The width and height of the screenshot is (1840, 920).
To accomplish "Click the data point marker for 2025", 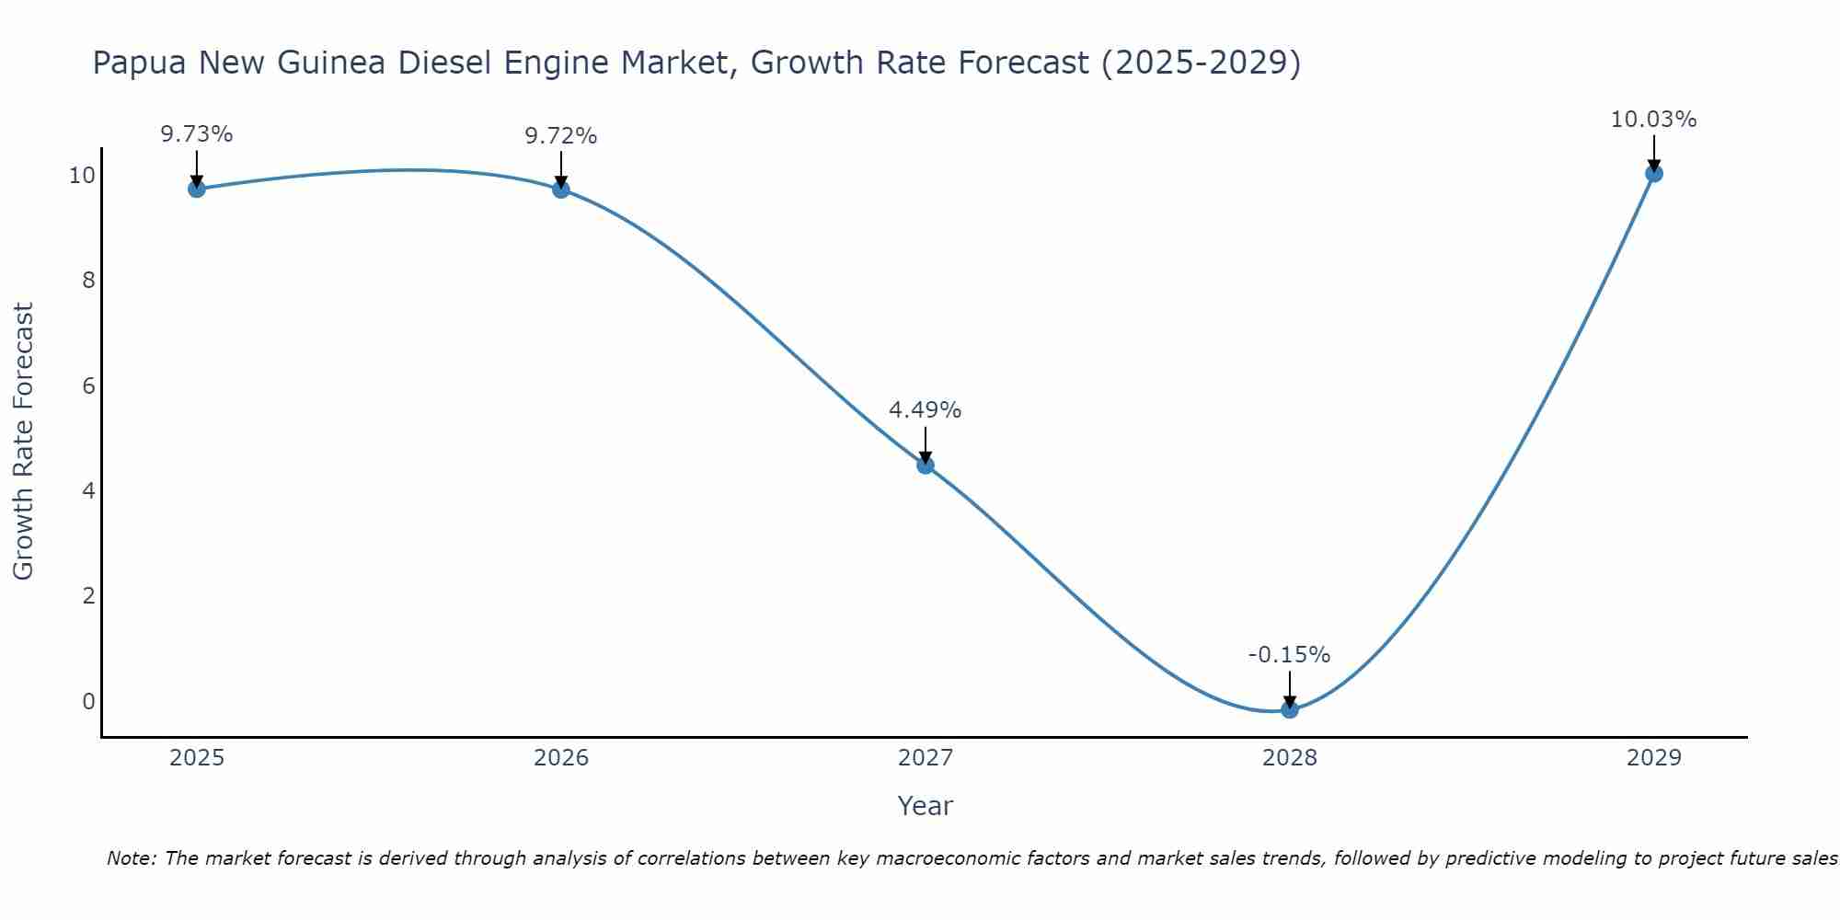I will pyautogui.click(x=197, y=189).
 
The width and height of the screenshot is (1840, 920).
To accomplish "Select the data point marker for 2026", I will pyautogui.click(x=561, y=190).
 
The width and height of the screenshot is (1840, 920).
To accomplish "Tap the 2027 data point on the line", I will pyautogui.click(x=926, y=465).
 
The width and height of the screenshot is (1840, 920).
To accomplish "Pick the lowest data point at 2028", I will pyautogui.click(x=1290, y=709).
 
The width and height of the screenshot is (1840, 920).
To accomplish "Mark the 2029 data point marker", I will pyautogui.click(x=1654, y=173).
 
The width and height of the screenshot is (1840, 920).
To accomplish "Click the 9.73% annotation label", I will pyautogui.click(x=197, y=134).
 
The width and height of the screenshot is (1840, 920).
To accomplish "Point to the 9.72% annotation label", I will pyautogui.click(x=561, y=136).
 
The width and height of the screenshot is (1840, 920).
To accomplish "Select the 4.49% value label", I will pyautogui.click(x=926, y=410).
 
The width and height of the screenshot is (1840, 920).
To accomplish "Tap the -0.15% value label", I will pyautogui.click(x=1289, y=655).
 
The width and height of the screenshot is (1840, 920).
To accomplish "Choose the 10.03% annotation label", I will pyautogui.click(x=1653, y=120).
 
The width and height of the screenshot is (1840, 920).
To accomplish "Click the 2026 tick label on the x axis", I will pyautogui.click(x=561, y=758).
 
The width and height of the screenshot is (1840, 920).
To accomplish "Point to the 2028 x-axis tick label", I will pyautogui.click(x=1290, y=758).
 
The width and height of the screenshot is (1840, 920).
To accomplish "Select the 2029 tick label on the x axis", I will pyautogui.click(x=1654, y=758).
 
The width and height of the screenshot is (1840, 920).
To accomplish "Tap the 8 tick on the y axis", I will pyautogui.click(x=88, y=281).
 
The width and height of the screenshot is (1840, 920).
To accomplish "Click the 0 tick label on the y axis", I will pyautogui.click(x=88, y=701).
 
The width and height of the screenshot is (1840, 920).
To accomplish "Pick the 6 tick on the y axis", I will pyautogui.click(x=88, y=385).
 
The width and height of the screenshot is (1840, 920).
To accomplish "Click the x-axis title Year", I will pyautogui.click(x=926, y=806).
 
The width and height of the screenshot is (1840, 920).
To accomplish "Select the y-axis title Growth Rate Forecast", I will pyautogui.click(x=24, y=442).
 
